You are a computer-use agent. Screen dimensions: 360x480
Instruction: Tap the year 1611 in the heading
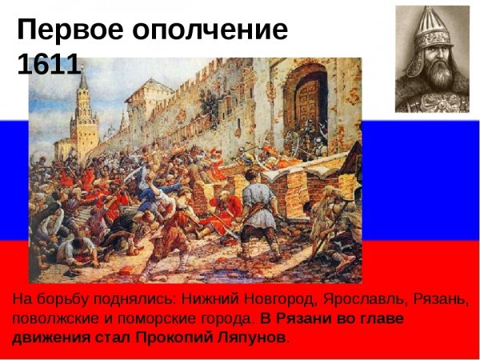[x=48, y=64]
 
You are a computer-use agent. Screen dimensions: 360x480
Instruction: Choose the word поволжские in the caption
[x=49, y=318]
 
